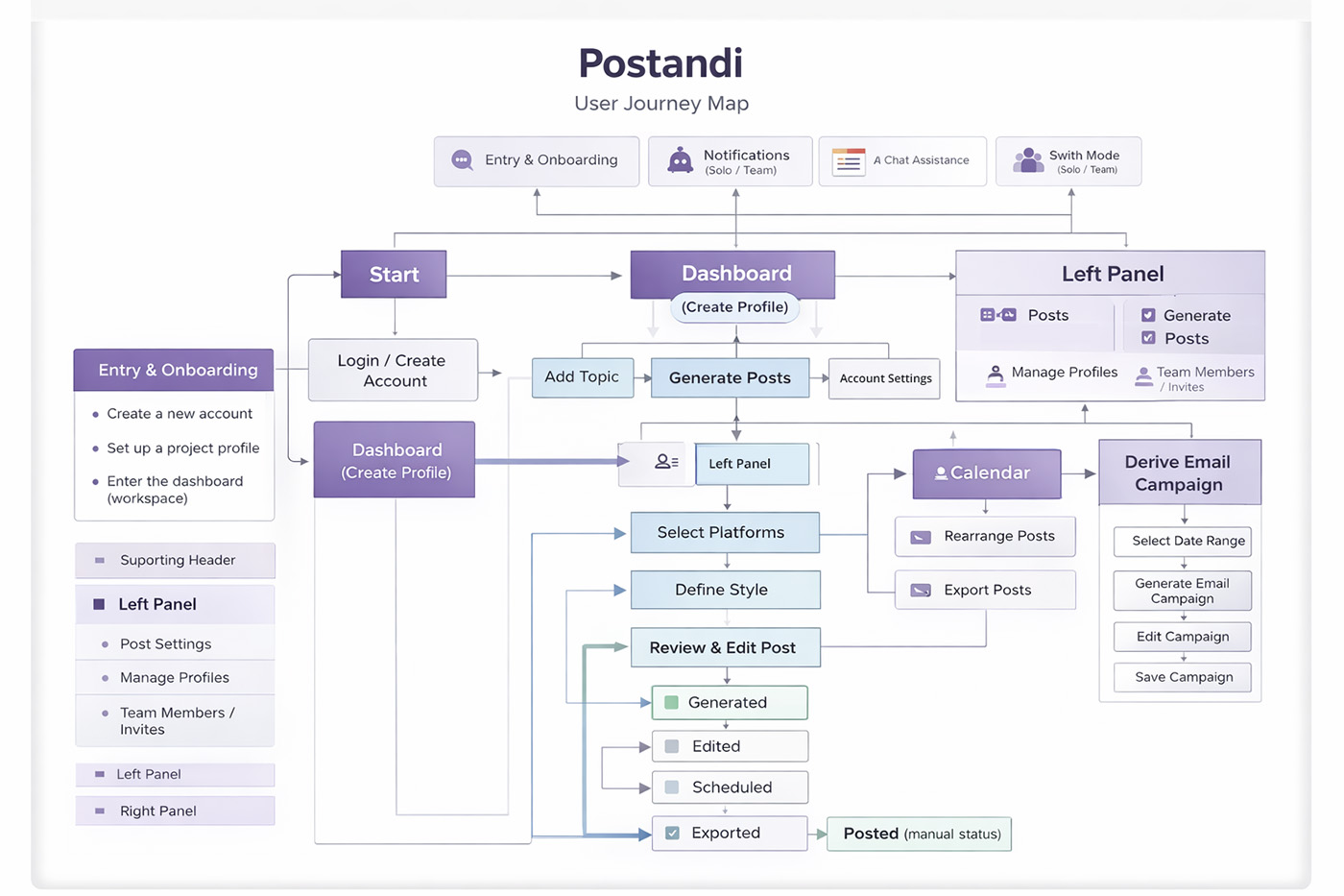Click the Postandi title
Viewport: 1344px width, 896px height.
660,63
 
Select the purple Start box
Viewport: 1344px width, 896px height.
394,275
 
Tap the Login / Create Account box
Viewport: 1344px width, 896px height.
393,371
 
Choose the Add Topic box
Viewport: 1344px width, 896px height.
582,377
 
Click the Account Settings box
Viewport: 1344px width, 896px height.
885,378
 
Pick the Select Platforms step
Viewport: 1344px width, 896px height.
725,533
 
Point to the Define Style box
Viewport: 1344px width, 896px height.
725,590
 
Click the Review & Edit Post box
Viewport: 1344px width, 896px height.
725,647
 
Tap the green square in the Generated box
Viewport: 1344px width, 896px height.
672,703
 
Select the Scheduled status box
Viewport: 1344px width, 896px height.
730,787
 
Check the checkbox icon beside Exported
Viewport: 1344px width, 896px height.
672,834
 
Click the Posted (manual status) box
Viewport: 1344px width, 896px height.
920,834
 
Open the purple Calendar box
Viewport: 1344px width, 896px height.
987,473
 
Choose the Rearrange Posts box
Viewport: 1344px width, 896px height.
985,537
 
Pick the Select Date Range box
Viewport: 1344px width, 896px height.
1183,542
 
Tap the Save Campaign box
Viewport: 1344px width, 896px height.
1183,677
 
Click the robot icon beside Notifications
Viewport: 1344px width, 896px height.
681,160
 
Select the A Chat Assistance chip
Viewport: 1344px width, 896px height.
902,161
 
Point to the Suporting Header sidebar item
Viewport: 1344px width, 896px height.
176,560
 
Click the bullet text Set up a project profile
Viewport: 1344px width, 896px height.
182,448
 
